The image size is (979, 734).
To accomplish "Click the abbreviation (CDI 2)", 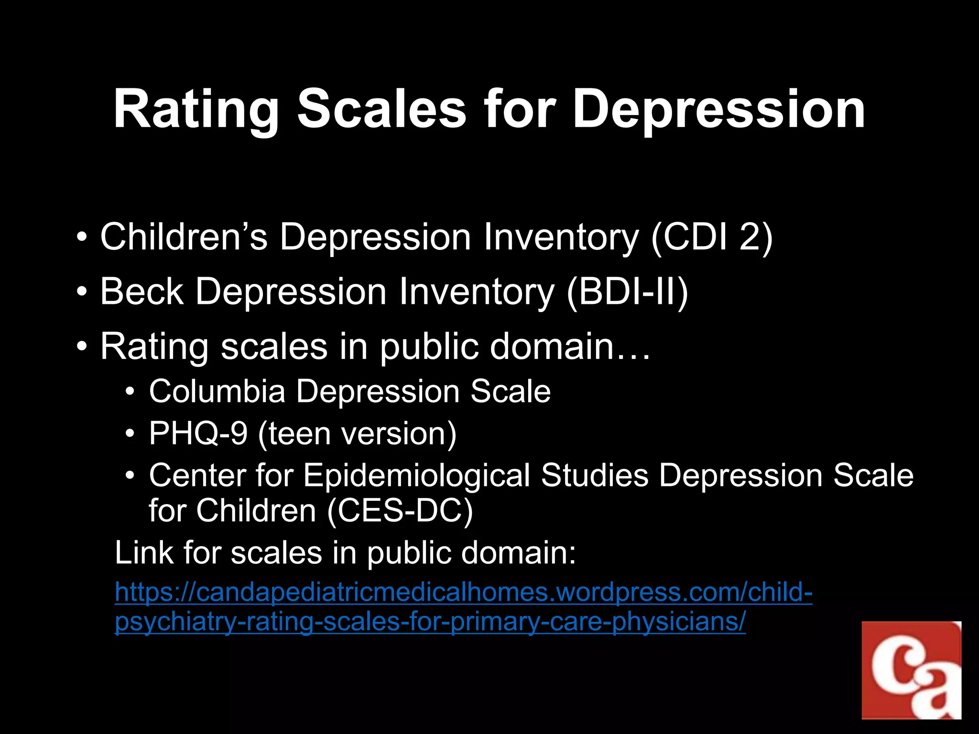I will tap(712, 237).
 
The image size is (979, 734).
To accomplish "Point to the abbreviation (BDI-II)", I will tap(627, 292).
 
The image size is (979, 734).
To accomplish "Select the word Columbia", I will tap(217, 391).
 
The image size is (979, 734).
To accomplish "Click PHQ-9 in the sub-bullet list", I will tap(198, 433).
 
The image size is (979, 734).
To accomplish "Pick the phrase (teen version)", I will tap(357, 434).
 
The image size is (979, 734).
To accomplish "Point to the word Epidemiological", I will tap(416, 475).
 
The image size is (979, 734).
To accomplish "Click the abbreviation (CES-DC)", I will tap(400, 511).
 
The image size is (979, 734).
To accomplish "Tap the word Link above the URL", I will tap(144, 553).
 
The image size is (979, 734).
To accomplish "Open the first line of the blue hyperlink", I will tap(463, 593).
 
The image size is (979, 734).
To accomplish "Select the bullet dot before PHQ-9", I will tap(130, 434).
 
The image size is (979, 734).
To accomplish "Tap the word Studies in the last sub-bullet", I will tap(595, 475).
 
